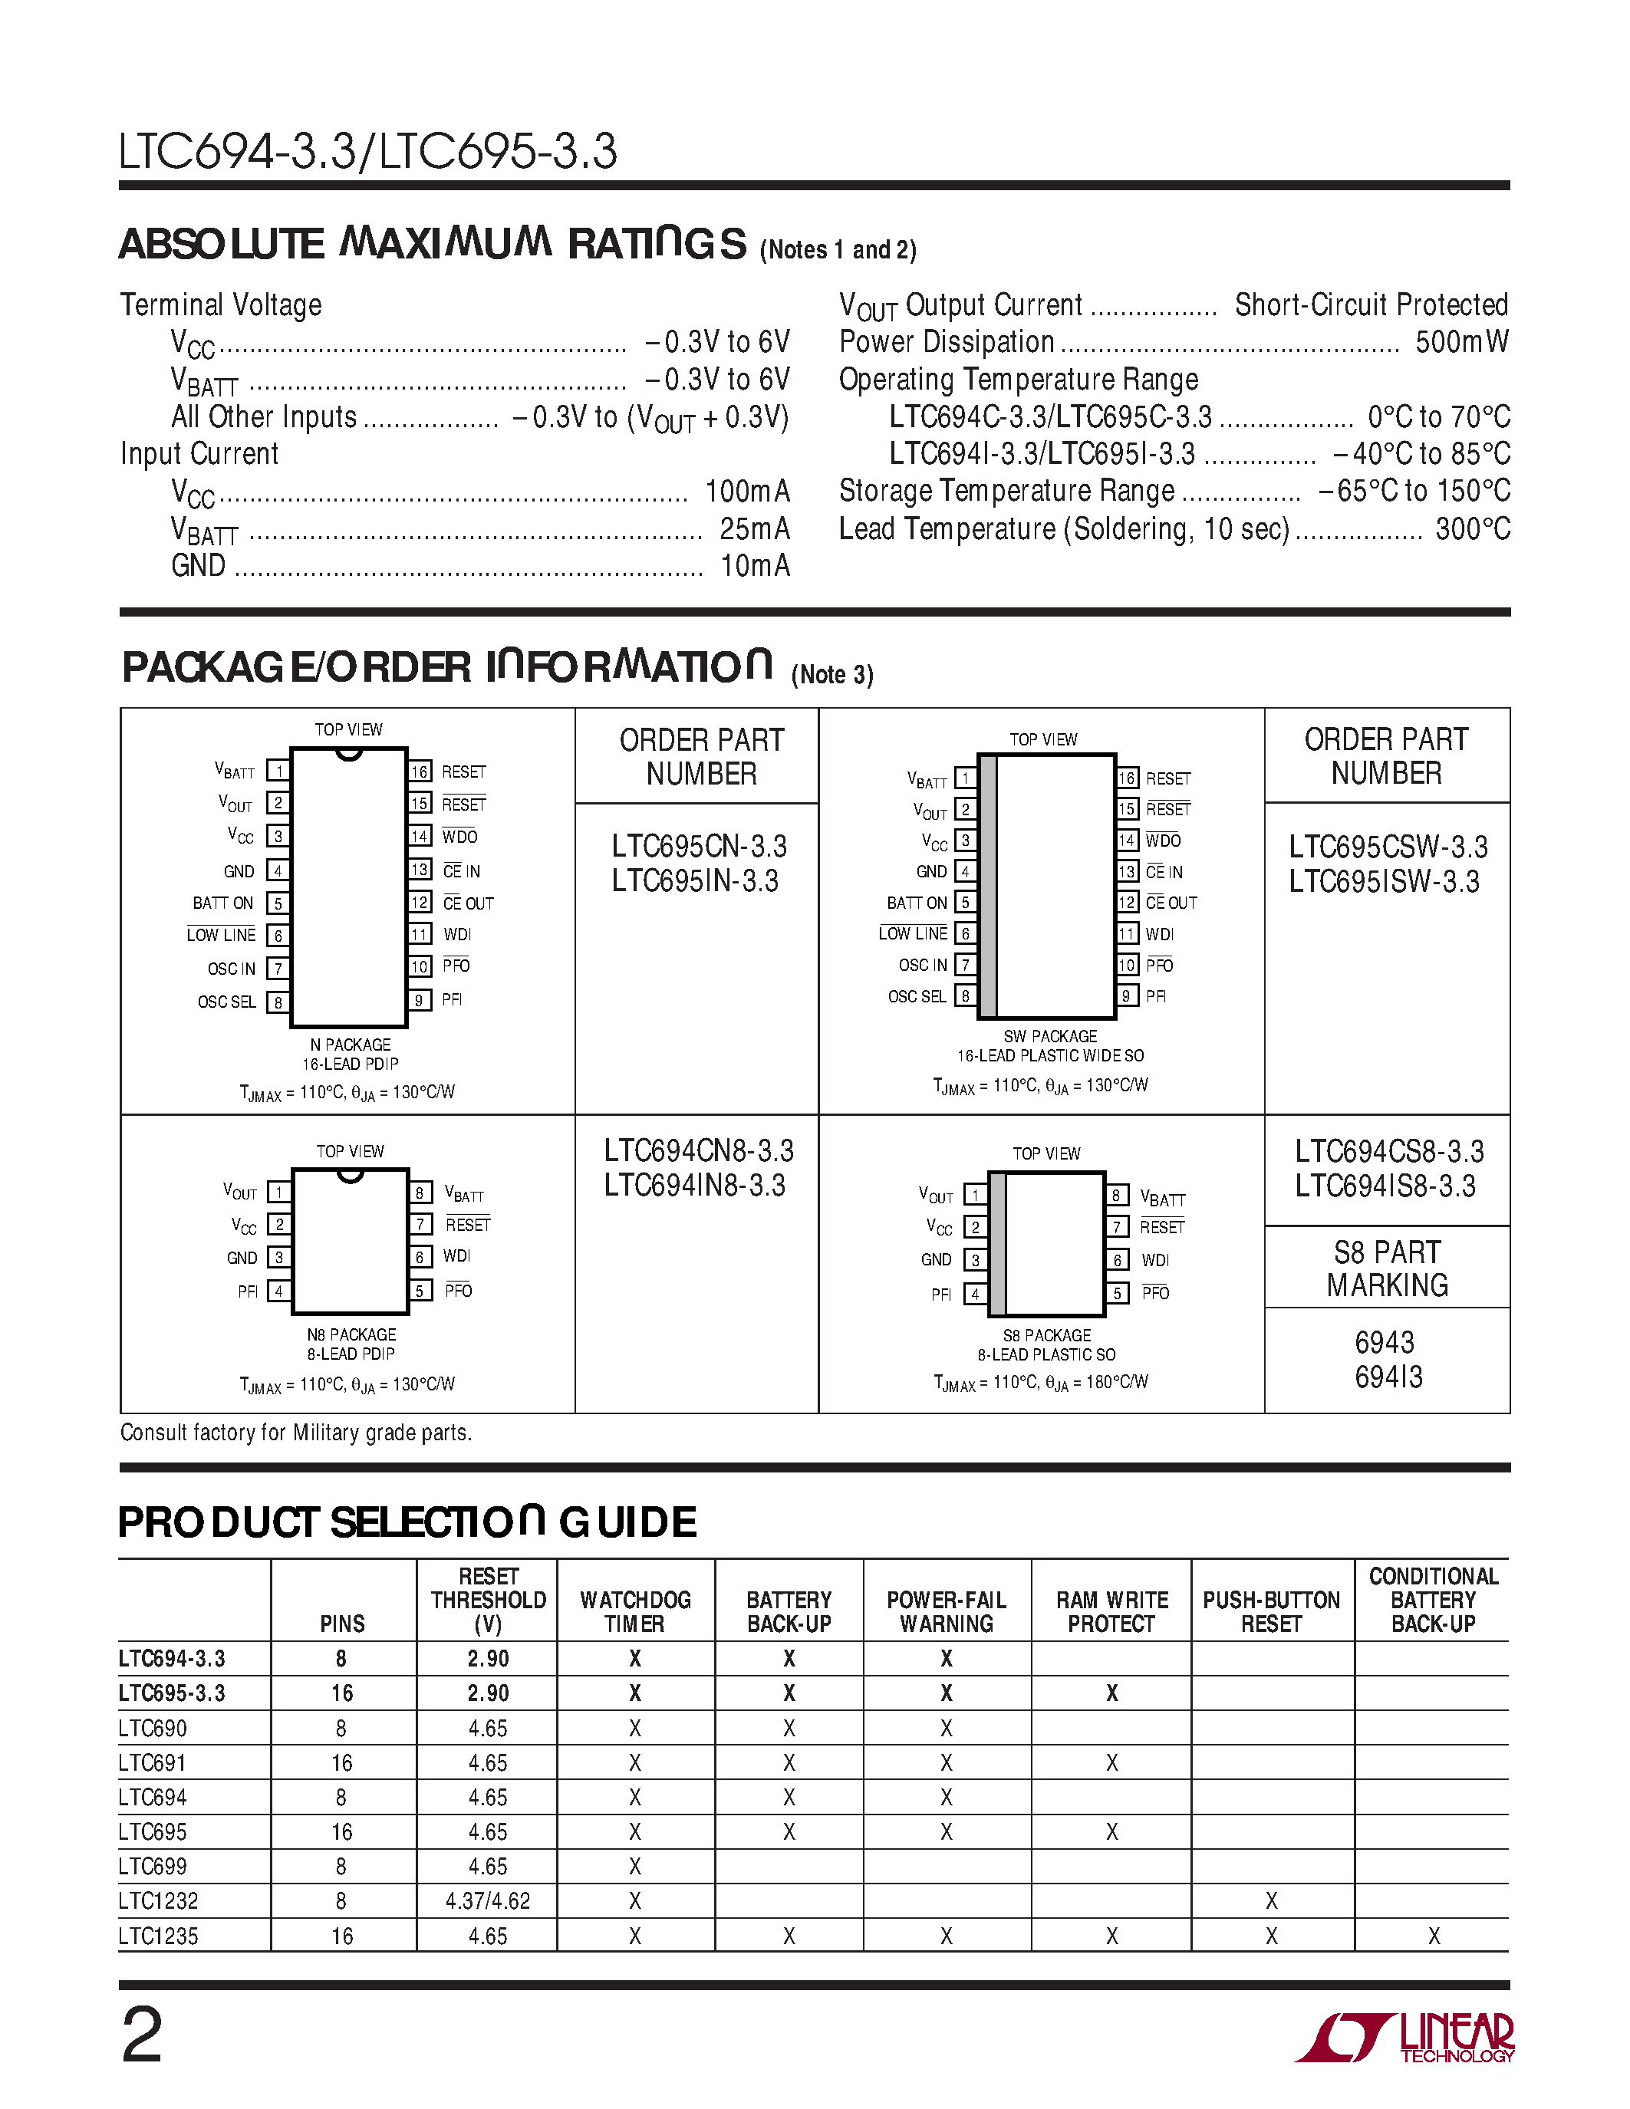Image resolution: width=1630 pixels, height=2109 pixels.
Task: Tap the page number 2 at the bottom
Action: click(x=142, y=2035)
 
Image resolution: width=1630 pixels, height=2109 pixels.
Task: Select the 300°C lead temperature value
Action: click(x=1472, y=529)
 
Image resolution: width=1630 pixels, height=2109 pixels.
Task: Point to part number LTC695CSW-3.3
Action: click(x=1388, y=847)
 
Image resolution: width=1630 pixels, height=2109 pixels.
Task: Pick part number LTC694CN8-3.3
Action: click(x=698, y=1151)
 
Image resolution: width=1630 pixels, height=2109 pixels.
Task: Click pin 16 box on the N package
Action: click(x=419, y=772)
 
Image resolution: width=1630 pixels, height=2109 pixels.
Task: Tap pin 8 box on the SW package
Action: click(x=965, y=995)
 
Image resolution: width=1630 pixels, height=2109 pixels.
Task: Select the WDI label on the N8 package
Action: click(x=456, y=1256)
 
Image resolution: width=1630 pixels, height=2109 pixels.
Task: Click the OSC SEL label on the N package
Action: click(x=227, y=1002)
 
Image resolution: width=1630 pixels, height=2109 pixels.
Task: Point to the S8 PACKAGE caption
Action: click(x=1047, y=1335)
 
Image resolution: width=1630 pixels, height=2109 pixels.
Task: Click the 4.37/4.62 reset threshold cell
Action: click(x=488, y=1901)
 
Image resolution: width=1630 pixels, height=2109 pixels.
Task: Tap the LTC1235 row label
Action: click(x=158, y=1936)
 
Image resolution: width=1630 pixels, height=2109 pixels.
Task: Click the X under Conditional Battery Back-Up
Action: click(x=1434, y=1936)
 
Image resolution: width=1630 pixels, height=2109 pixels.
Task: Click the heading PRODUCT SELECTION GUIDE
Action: click(x=407, y=1523)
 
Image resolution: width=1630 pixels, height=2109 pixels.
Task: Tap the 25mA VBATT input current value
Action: click(x=754, y=529)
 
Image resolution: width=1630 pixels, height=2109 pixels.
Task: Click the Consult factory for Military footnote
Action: click(x=295, y=1433)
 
